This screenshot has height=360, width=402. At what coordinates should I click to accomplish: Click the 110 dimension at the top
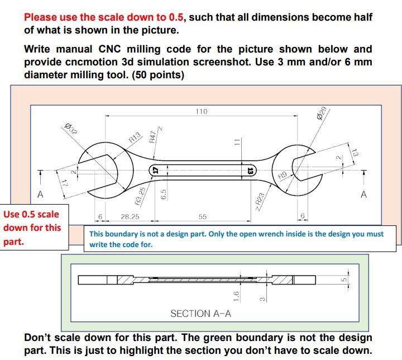(x=202, y=112)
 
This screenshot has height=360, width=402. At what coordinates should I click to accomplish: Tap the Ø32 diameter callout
(x=70, y=130)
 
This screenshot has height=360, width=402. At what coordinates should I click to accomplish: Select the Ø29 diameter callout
(x=322, y=114)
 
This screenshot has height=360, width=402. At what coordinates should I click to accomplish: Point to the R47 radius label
(x=152, y=137)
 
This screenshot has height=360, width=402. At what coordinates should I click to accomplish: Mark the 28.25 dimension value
(x=130, y=216)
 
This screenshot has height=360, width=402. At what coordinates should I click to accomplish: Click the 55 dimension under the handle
(x=202, y=216)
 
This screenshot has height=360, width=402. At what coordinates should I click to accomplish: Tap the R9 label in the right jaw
(x=283, y=176)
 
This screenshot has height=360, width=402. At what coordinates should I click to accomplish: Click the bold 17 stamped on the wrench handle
(x=156, y=169)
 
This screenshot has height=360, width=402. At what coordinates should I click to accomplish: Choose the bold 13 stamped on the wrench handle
(x=250, y=169)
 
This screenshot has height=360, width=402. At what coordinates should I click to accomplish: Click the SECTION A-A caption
(x=200, y=314)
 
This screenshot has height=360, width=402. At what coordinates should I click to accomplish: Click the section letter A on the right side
(x=363, y=195)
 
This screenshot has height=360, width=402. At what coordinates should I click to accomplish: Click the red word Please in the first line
(x=42, y=17)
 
